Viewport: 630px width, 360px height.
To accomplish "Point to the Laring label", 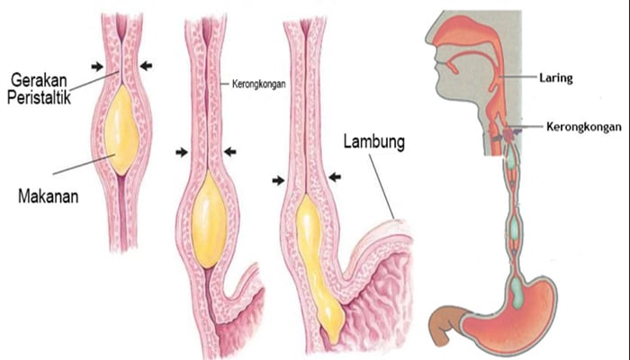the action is (x=557, y=78).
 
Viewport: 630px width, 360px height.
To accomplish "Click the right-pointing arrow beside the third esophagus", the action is (x=278, y=180).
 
